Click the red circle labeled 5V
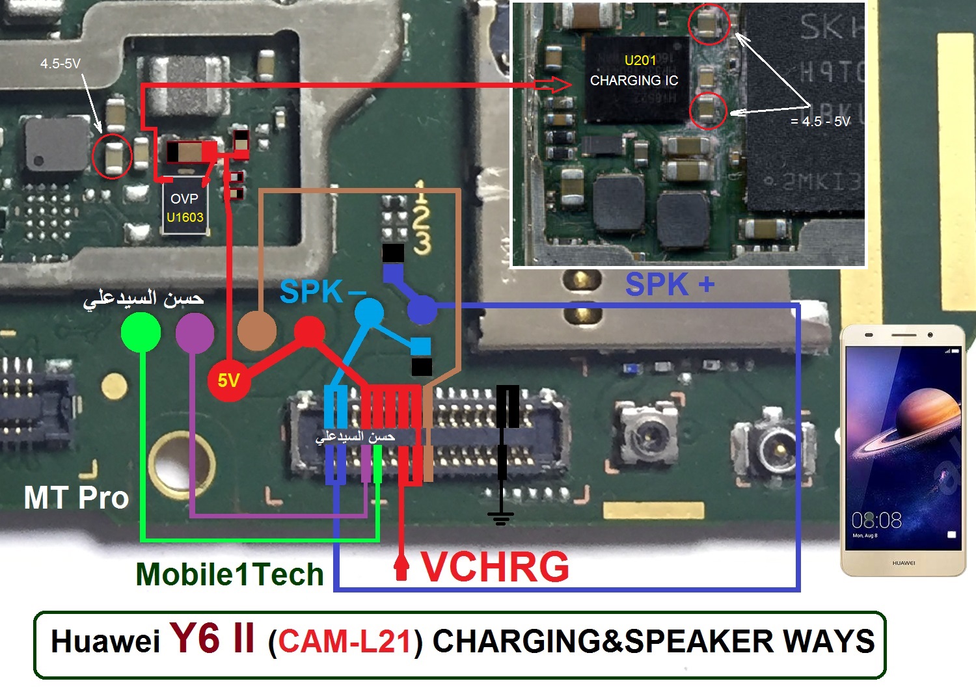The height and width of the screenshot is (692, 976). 228,379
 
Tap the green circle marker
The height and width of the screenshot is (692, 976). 141,332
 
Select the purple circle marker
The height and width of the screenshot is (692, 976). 195,332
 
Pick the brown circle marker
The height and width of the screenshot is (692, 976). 257,330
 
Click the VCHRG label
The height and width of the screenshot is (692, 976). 495,567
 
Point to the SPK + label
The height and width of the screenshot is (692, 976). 670,285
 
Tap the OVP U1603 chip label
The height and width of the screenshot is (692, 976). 185,208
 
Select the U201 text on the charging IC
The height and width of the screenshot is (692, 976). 640,60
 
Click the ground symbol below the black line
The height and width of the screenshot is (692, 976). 500,518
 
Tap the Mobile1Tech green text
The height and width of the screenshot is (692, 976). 230,574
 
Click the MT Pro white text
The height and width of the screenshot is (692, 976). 76,498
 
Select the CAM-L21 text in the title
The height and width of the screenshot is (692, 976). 345,642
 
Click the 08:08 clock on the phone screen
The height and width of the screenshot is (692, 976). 876,520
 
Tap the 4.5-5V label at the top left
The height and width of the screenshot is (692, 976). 60,64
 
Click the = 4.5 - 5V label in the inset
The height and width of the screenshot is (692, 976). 820,122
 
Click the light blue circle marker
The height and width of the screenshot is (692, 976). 370,312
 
